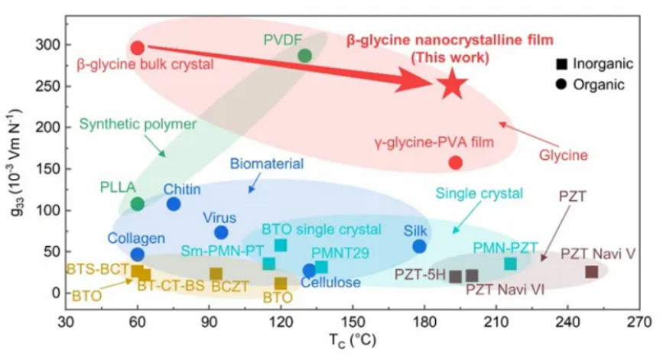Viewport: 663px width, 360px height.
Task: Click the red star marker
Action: [450, 84]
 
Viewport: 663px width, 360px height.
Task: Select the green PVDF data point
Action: [304, 55]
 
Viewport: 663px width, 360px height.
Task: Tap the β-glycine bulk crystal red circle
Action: [138, 48]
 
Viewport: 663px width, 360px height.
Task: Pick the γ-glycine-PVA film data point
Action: [455, 163]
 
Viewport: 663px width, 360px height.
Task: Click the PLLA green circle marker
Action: [138, 203]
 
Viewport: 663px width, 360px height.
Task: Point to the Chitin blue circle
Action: [174, 204]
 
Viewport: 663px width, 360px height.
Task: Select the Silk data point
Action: [419, 246]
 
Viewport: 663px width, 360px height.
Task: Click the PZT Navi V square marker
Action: [591, 271]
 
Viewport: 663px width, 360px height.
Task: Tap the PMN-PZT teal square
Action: [510, 264]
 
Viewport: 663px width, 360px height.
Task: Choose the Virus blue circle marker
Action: [221, 232]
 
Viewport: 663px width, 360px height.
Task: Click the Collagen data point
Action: [138, 255]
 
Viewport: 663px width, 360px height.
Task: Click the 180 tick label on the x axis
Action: [424, 322]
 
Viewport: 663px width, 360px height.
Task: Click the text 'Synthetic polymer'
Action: [138, 123]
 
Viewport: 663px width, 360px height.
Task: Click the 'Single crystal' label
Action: [479, 193]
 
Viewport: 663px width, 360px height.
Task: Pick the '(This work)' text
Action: [450, 57]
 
